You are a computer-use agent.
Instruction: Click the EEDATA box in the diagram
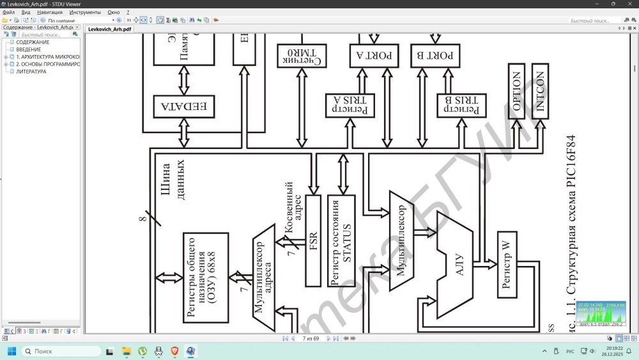pos(184,107)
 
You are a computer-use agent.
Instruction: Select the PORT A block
pos(374,56)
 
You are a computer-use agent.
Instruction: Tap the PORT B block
pos(435,56)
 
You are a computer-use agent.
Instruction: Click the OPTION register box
pos(516,91)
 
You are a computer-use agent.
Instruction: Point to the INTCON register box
pos(541,91)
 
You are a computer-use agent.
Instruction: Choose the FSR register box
pos(313,240)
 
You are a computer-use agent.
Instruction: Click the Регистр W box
pos(507,265)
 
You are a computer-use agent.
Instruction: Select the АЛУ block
pos(458,265)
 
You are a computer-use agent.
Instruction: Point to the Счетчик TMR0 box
pos(300,56)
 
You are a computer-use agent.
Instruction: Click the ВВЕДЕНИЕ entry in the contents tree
pos(28,49)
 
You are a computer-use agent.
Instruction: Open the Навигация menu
pos(50,12)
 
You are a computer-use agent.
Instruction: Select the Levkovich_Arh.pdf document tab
pos(109,29)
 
